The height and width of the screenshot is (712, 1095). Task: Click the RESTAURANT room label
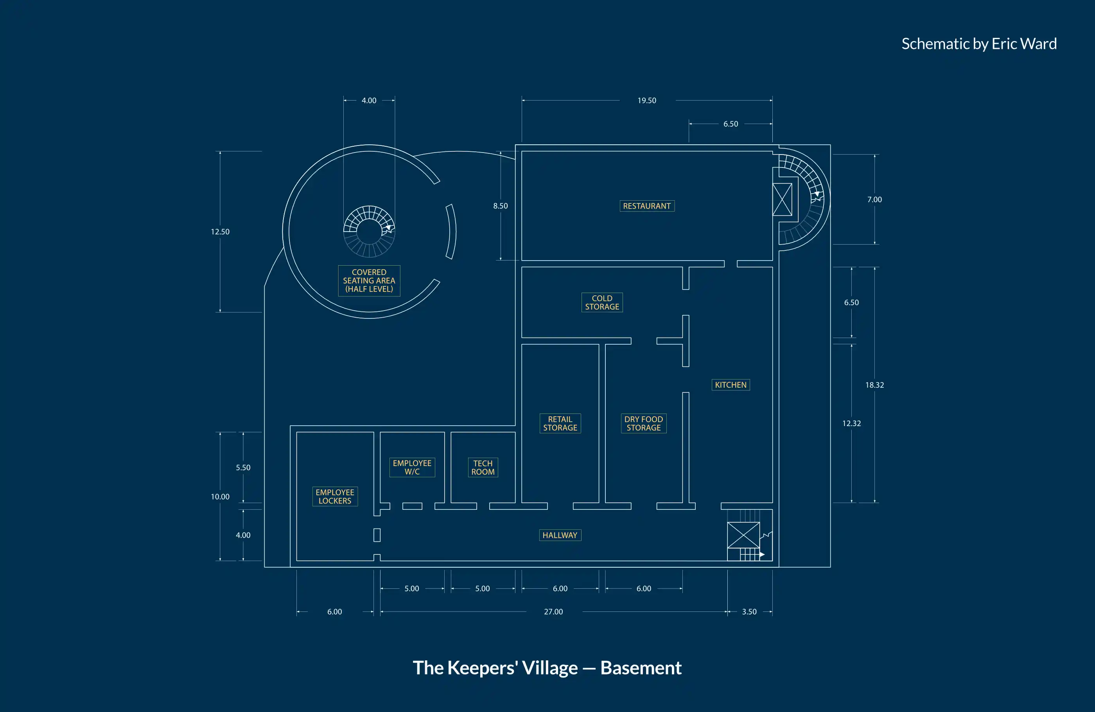pos(646,206)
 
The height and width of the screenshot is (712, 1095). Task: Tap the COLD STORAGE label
pos(602,302)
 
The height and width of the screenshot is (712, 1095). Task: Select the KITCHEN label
pos(730,385)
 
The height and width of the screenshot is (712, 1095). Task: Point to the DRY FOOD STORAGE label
pos(643,423)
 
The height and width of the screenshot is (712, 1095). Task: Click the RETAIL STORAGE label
pos(560,423)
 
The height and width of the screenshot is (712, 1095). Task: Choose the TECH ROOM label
pos(483,467)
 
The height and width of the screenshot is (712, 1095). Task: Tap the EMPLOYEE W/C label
pos(412,467)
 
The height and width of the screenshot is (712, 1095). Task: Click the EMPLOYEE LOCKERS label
pos(334,496)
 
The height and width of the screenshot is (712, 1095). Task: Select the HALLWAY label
pos(560,535)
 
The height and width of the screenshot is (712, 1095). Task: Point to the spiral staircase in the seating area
pos(369,231)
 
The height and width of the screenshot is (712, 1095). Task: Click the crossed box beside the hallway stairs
pos(743,535)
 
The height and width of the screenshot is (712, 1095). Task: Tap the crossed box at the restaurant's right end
pos(782,199)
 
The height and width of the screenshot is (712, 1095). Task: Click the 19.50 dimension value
pos(646,100)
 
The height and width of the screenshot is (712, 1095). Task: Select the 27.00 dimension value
pos(553,612)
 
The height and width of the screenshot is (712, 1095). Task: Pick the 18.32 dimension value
pos(874,385)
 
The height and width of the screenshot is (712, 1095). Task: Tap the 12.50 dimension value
pos(220,232)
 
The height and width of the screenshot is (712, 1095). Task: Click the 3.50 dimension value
pos(749,612)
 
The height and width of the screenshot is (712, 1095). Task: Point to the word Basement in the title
pos(641,668)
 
